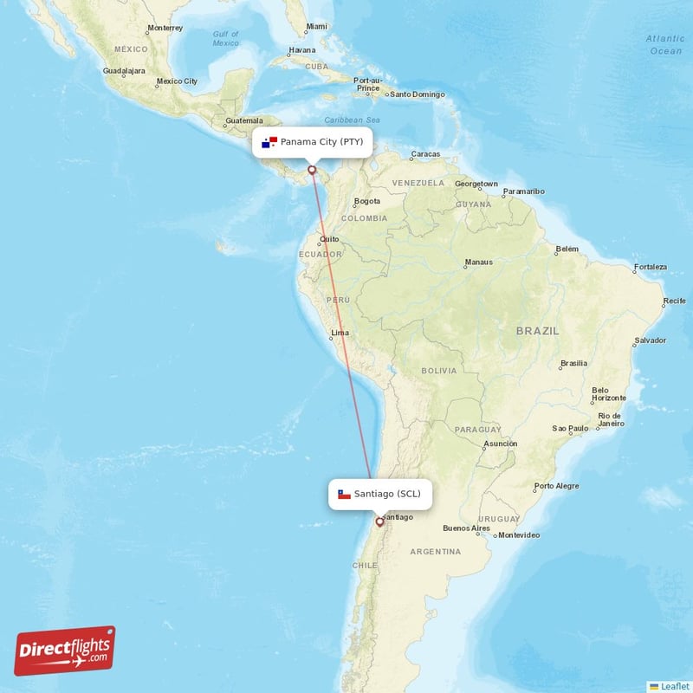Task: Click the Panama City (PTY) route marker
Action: click(x=312, y=170)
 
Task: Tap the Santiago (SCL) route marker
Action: click(x=379, y=522)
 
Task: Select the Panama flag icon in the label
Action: click(x=269, y=141)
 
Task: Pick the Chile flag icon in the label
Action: click(x=344, y=494)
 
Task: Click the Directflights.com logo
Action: click(x=65, y=651)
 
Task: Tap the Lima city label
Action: click(x=340, y=333)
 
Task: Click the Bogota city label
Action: click(x=367, y=202)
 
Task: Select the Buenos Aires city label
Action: click(x=466, y=528)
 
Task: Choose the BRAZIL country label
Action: click(x=537, y=331)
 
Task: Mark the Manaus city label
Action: click(x=478, y=262)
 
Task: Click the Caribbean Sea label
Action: click(x=353, y=120)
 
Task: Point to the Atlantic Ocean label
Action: click(x=665, y=44)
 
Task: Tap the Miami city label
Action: click(x=316, y=27)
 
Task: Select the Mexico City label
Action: click(x=177, y=81)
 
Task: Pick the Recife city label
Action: click(x=674, y=301)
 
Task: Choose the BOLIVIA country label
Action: click(x=438, y=370)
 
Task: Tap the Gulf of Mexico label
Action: click(x=226, y=38)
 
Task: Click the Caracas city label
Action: click(x=425, y=154)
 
